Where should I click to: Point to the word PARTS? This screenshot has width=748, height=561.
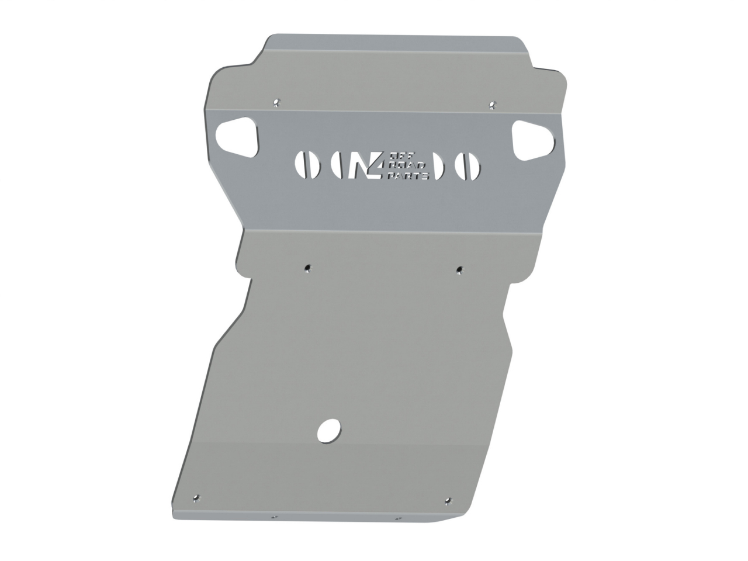click(x=408, y=175)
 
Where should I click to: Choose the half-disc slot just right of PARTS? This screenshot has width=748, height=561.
click(x=438, y=166)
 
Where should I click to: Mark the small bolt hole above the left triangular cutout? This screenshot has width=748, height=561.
click(x=276, y=103)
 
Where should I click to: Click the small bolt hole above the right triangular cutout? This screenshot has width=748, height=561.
click(x=492, y=105)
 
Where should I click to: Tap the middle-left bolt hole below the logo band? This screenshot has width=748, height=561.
click(x=307, y=268)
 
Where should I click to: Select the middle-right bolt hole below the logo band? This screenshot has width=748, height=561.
click(x=459, y=269)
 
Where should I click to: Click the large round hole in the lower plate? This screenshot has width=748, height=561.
click(x=329, y=430)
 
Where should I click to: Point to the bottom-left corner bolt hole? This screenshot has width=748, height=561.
click(x=196, y=498)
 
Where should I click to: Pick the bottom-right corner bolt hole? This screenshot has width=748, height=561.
click(x=448, y=501)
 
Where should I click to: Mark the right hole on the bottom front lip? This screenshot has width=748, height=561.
click(x=398, y=518)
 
